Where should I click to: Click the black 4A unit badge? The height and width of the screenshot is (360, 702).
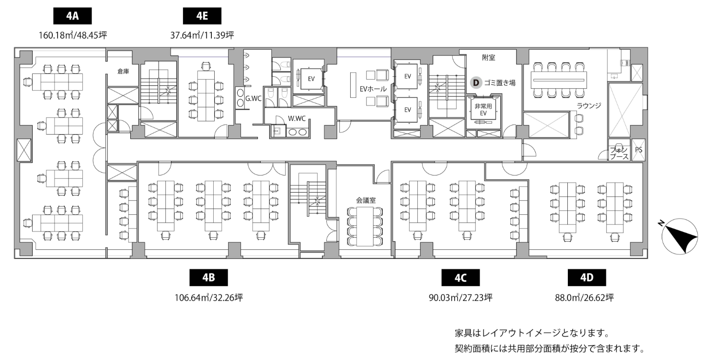(72, 16)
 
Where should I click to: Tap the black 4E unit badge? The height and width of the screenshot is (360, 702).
(202, 16)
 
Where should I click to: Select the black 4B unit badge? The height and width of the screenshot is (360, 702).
(209, 278)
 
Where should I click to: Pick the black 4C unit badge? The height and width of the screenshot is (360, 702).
(460, 278)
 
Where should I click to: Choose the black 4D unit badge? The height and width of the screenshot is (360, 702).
(587, 278)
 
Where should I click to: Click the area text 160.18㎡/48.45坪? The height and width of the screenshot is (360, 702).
(73, 35)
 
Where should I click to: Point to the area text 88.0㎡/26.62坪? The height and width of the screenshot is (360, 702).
(585, 297)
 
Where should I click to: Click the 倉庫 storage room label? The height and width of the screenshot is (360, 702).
(123, 71)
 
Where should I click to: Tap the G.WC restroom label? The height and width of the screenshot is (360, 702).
(253, 98)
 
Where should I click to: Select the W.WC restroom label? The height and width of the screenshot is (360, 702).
(297, 118)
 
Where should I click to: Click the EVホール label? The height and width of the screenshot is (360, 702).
(373, 89)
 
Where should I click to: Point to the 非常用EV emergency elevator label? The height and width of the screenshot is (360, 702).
(483, 109)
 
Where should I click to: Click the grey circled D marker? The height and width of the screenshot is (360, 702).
(476, 83)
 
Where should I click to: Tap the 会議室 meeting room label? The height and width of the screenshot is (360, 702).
(366, 200)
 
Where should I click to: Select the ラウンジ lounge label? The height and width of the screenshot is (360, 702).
(589, 105)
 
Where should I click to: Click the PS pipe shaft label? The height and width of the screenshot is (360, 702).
(639, 150)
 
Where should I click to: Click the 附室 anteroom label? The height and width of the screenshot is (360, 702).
(489, 58)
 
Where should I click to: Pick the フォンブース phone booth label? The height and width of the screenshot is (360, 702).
(619, 153)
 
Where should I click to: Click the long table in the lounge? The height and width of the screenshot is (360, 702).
(558, 80)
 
